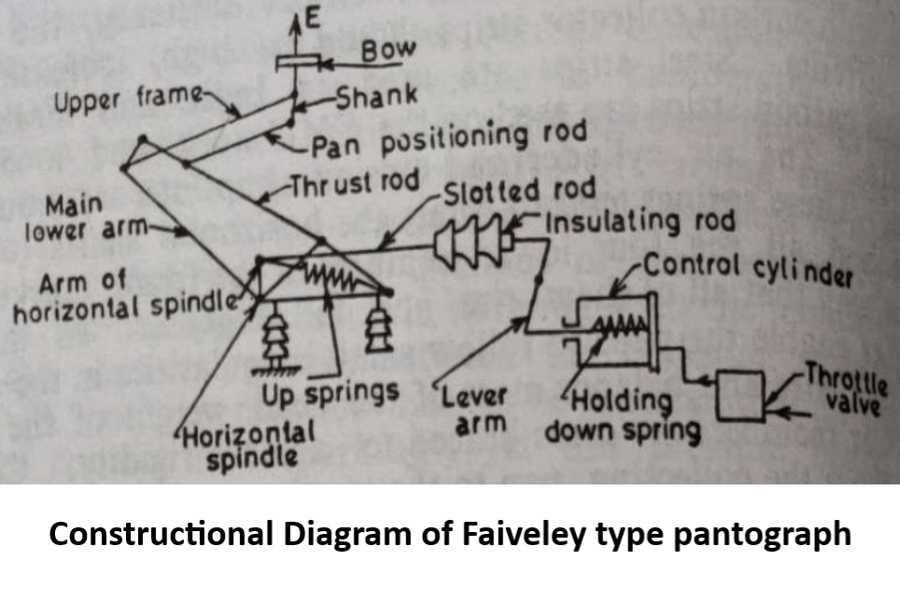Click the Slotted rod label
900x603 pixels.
519,191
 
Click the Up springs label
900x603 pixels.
330,393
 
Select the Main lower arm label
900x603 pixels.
79,216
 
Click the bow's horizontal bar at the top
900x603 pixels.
297,63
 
